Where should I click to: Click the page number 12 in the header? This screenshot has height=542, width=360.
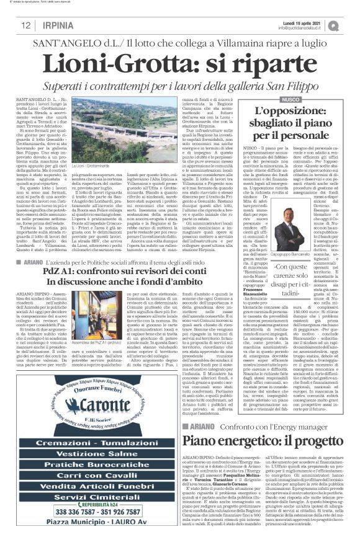point(25,25)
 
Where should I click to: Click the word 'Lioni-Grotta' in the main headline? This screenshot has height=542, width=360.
point(115,63)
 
